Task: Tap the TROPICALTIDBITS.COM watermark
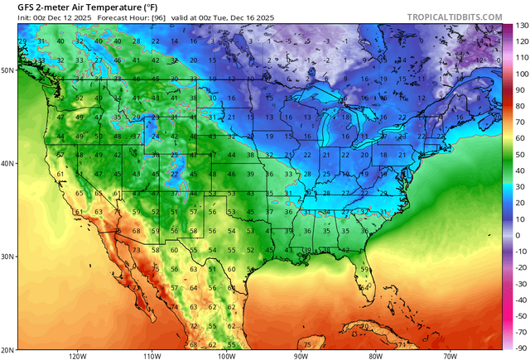click(x=454, y=17)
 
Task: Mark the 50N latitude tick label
click(x=8, y=70)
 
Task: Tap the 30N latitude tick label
click(x=8, y=257)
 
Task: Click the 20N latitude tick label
click(x=8, y=349)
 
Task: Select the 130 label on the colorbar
click(x=520, y=26)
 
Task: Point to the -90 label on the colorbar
click(x=520, y=347)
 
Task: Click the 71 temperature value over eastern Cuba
click(x=401, y=343)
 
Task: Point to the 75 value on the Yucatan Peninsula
click(x=307, y=343)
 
